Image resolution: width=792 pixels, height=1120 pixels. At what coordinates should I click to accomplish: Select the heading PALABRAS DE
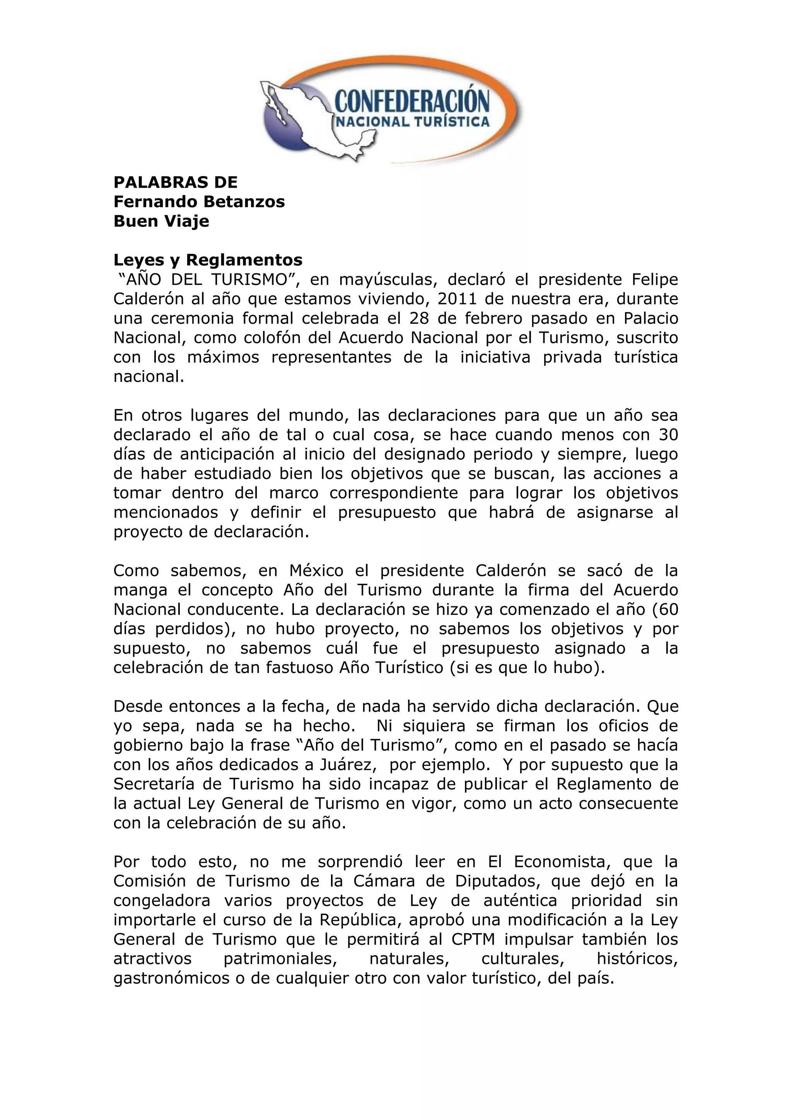pyautogui.click(x=175, y=183)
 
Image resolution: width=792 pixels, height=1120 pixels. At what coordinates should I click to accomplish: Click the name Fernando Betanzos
pyautogui.click(x=199, y=201)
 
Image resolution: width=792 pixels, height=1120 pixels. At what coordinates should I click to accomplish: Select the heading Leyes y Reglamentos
pyautogui.click(x=208, y=260)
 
